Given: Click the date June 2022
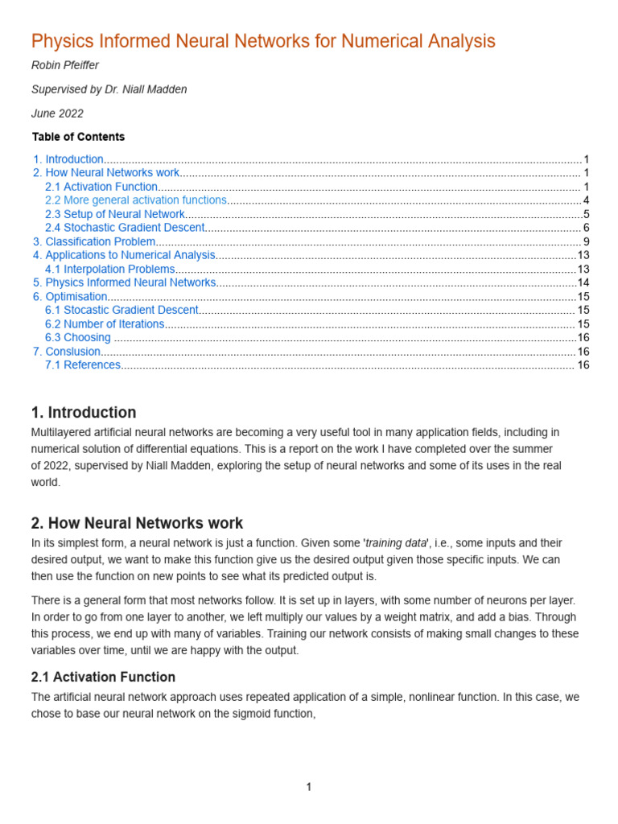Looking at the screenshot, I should [x=57, y=113].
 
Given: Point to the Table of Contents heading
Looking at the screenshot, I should [x=78, y=137].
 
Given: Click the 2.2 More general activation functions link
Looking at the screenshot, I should [x=136, y=200].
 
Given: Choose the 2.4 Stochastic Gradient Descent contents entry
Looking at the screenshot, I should [x=125, y=228].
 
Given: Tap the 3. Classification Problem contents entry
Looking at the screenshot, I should [x=93, y=241].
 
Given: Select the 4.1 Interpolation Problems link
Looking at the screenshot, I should [x=109, y=269].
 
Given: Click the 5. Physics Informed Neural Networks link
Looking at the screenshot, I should [x=124, y=282].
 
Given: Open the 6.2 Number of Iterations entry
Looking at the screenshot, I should [x=105, y=323].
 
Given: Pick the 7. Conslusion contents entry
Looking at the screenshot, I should [x=67, y=352].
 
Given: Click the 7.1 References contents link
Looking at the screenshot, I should [x=83, y=365].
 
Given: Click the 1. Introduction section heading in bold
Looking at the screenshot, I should [x=84, y=413].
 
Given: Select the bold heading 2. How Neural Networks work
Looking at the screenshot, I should [x=137, y=523].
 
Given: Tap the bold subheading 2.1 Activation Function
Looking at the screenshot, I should [x=103, y=677].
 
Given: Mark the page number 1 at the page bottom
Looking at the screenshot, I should [x=308, y=787].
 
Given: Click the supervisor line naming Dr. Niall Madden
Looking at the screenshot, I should [x=109, y=89].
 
